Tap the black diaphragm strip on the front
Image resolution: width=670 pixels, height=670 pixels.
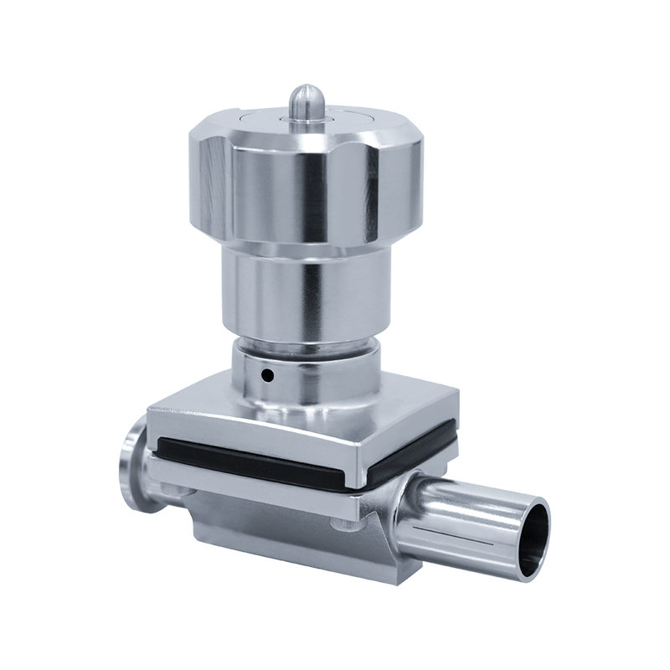(x=251, y=459)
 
